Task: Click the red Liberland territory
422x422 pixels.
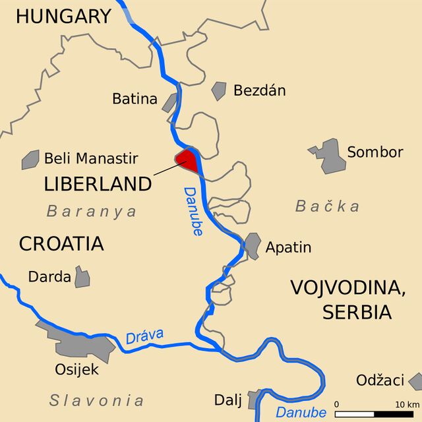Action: [187, 160]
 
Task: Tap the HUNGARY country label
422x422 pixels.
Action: [63, 16]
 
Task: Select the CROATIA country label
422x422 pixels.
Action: [61, 244]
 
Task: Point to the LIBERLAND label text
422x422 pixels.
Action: [98, 185]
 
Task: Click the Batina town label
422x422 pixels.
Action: [135, 100]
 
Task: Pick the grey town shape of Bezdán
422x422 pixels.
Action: [219, 90]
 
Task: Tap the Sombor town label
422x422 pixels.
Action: [375, 152]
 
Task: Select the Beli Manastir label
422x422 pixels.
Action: [91, 158]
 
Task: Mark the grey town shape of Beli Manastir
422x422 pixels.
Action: [30, 160]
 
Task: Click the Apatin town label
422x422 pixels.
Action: [288, 248]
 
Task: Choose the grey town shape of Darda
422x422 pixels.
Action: [82, 277]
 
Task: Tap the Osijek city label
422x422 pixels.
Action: [76, 370]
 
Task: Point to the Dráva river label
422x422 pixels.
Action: [144, 336]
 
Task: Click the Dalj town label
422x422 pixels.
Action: [228, 400]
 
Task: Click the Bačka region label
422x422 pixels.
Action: [327, 206]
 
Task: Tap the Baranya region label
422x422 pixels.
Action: [92, 211]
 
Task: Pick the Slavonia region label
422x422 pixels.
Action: [96, 400]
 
